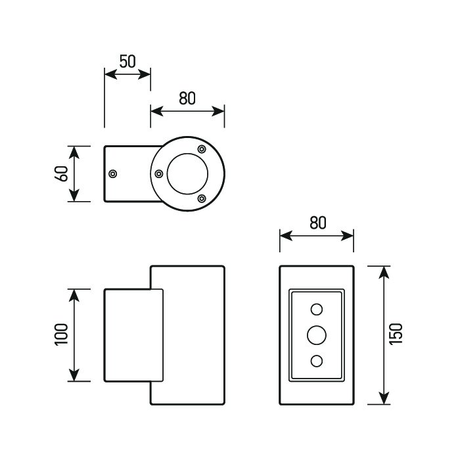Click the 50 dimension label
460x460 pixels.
click(x=127, y=62)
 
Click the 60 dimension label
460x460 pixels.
click(x=62, y=173)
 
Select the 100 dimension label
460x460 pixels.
click(x=62, y=334)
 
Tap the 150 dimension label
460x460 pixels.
click(x=396, y=334)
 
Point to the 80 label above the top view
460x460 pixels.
click(x=187, y=99)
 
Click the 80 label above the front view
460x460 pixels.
click(x=317, y=223)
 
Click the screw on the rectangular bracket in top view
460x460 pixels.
click(x=112, y=174)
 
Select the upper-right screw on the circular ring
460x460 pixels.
click(x=202, y=149)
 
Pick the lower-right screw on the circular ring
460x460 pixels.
click(x=202, y=198)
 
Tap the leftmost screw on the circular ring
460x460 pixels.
click(x=159, y=174)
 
